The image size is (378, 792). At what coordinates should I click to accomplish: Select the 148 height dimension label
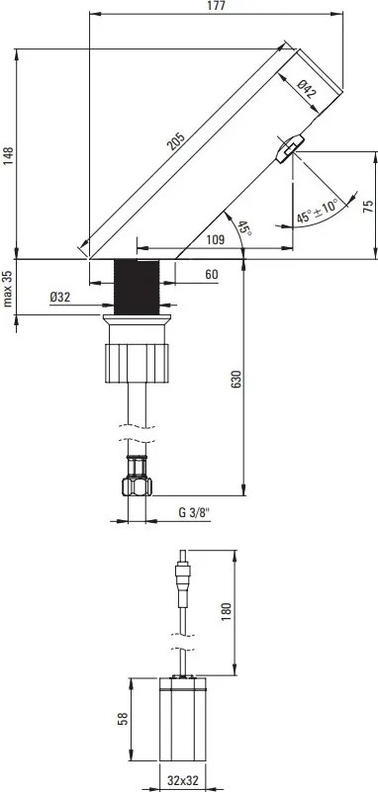[x=9, y=157]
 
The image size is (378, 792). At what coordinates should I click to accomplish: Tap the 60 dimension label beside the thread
[x=212, y=275]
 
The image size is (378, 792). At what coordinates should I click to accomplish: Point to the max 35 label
[x=9, y=287]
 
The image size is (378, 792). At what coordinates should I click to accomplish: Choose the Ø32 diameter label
[x=59, y=296]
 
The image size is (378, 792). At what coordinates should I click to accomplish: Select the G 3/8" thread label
[x=195, y=513]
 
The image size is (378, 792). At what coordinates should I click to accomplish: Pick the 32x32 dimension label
[x=182, y=780]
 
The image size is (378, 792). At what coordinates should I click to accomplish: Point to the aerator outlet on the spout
[x=288, y=149]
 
